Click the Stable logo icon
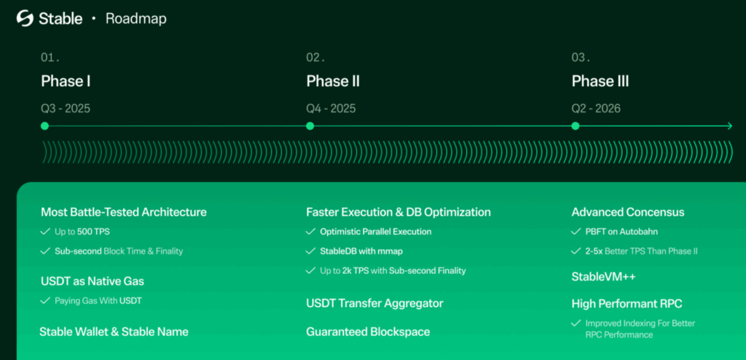coord(25,18)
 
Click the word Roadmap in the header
coord(136,18)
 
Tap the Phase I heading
coord(66,82)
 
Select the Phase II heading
coord(333,82)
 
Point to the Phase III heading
coord(600,82)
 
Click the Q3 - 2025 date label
coord(66,109)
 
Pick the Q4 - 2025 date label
coord(331,109)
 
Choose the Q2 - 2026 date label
coord(596,109)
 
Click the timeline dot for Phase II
coord(310,126)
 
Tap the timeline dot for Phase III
coord(576,126)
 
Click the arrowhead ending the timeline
coord(730,126)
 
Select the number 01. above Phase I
coord(50,58)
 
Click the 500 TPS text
coord(94,232)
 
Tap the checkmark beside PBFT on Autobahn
coord(576,232)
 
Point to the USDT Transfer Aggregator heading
coord(375,303)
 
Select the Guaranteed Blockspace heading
coord(368,332)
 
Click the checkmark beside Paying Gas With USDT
coord(45,300)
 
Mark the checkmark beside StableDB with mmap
coord(310,251)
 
